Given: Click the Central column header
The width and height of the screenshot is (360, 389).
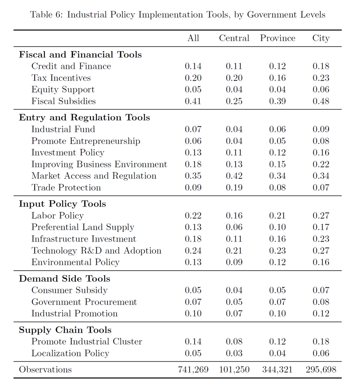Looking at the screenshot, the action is point(234,38).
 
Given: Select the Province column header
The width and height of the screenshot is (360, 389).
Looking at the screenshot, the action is point(278,38).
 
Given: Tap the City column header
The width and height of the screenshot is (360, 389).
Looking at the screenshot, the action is point(321,38).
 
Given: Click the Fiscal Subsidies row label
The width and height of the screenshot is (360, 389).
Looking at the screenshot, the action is point(64,101).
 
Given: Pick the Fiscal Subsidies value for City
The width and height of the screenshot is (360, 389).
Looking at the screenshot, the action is point(321,101).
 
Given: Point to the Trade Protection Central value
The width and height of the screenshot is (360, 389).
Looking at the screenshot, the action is point(234,187).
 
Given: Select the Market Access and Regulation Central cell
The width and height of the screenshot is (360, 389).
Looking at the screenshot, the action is point(234,176).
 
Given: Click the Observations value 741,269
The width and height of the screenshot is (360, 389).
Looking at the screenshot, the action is point(193,369).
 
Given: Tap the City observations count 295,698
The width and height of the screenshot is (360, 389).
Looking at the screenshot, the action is point(321,369).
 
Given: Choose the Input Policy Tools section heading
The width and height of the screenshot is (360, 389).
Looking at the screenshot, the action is point(63,204).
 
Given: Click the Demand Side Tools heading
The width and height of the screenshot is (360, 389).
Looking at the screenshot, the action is point(64,278).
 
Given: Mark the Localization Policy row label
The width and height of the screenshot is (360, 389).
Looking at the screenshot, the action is point(70,353).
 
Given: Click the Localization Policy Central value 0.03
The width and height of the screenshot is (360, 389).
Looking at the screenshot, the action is point(234,353).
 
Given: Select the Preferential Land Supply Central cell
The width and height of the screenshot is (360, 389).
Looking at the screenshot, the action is point(234,227).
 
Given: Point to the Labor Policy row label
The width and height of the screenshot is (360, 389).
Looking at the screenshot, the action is point(58,215).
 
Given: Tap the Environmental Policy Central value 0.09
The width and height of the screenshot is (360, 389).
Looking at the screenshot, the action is point(234,262).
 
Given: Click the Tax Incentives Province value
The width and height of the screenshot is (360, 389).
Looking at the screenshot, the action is point(277,78).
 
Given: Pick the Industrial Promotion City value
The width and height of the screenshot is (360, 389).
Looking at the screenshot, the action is point(321,313).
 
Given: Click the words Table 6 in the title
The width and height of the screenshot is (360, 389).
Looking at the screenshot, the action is point(46,14).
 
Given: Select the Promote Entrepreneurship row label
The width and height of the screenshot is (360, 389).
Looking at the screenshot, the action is point(86,141).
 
